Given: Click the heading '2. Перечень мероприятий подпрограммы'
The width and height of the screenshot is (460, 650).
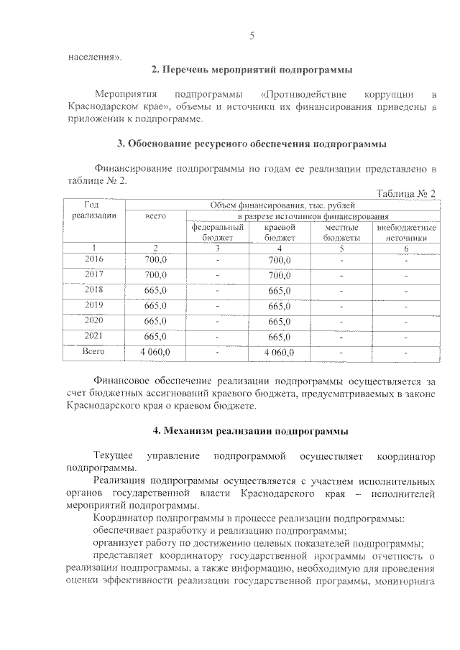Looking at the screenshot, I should click(252, 70).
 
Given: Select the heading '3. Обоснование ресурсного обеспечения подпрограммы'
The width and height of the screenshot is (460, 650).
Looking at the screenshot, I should click(252, 144).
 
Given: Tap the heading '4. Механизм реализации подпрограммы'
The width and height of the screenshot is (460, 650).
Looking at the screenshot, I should click(252, 431).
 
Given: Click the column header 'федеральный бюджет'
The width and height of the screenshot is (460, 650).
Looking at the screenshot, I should click(217, 232).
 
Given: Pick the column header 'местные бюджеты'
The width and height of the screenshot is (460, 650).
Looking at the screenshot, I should click(341, 232).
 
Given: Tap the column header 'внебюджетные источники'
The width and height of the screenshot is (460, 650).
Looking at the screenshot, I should click(406, 232).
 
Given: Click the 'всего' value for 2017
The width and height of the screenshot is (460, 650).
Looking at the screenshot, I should click(156, 275).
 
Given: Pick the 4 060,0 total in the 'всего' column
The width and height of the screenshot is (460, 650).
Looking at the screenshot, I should click(156, 352).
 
